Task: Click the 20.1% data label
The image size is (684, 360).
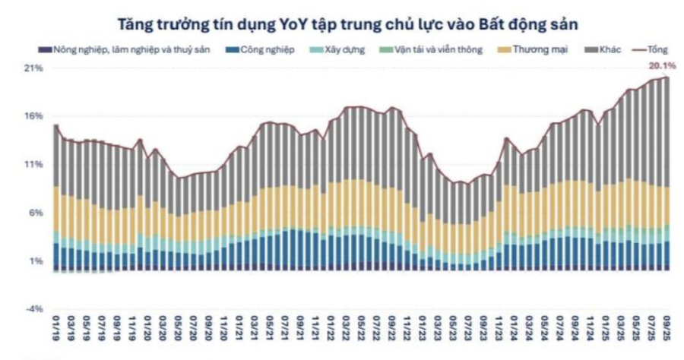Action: [662, 66]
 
